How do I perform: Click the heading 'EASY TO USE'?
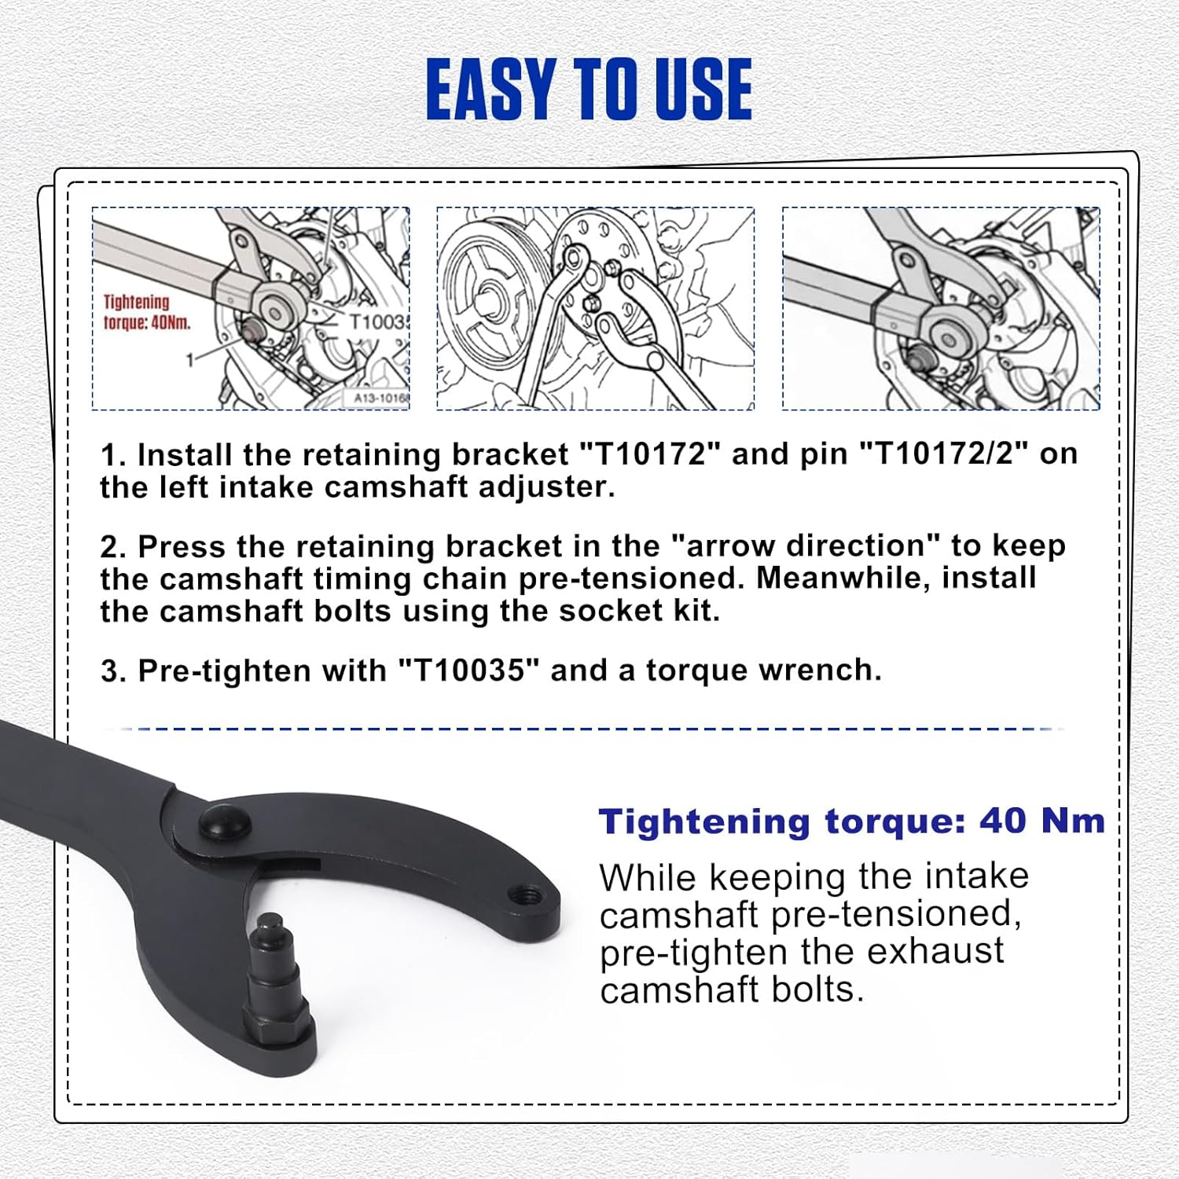(589, 90)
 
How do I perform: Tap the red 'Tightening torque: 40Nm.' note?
(147, 312)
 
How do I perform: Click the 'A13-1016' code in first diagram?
(381, 399)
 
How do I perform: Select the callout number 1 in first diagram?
(189, 360)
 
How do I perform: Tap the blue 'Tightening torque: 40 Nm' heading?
(852, 821)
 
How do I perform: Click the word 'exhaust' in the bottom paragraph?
(935, 951)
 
